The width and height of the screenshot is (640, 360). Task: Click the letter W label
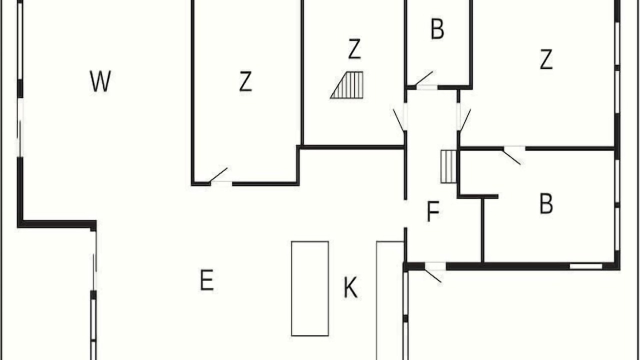[x=100, y=81]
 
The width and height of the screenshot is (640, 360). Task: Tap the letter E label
[x=207, y=280]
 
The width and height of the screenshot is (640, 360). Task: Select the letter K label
[x=350, y=287]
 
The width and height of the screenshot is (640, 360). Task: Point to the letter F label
[x=433, y=211]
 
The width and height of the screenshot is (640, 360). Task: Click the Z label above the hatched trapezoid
[x=354, y=49]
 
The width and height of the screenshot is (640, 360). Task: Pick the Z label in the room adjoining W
[x=245, y=81]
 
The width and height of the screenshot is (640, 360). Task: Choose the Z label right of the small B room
[x=546, y=59]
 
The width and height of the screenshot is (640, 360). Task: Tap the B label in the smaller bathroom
[x=437, y=28]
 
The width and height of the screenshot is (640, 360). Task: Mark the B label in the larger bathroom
[x=546, y=203]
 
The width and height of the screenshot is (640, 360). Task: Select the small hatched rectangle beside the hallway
[x=448, y=166]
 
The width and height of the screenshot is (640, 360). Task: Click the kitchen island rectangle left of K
[x=309, y=288]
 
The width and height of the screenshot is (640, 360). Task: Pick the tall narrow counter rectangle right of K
[x=389, y=300]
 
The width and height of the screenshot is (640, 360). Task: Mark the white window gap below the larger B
[x=586, y=266]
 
